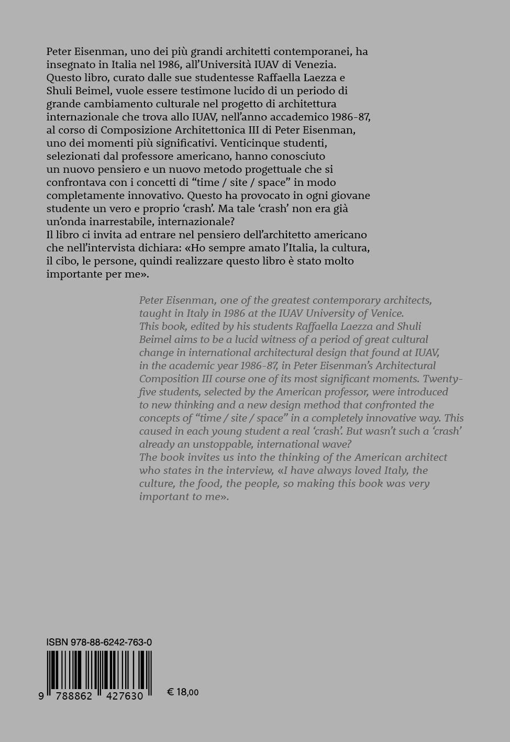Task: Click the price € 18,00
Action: click(x=183, y=692)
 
